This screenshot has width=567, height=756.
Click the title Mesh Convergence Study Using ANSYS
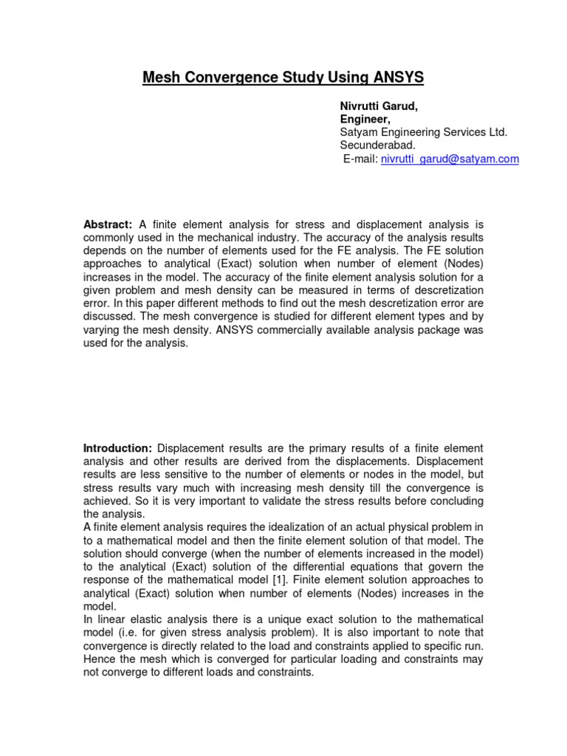click(283, 77)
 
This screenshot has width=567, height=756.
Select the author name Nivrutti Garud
click(378, 106)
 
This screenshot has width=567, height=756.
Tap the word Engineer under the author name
click(365, 119)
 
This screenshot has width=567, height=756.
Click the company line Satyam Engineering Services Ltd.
click(423, 132)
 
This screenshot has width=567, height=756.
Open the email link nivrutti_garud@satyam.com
click(450, 159)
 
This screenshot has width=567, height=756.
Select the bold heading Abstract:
click(108, 224)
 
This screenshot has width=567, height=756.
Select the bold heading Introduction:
click(118, 448)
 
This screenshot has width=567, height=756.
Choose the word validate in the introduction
click(271, 501)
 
